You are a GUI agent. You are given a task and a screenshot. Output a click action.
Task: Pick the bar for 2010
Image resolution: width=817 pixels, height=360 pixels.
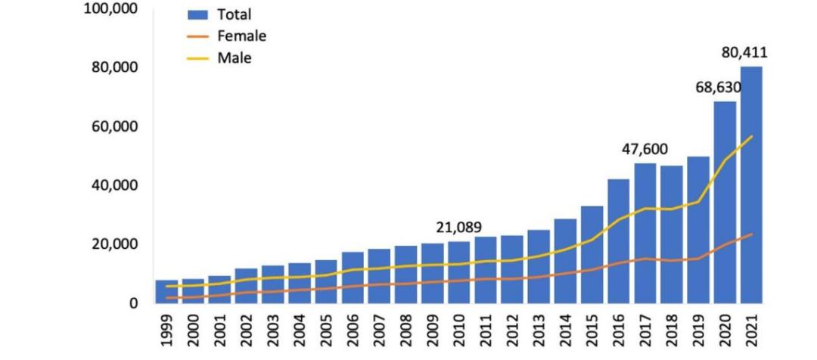458,272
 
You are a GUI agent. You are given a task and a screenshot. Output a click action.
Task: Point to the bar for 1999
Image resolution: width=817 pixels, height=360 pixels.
166,292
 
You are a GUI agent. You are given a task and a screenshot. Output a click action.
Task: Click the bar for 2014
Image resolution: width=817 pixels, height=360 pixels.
565,261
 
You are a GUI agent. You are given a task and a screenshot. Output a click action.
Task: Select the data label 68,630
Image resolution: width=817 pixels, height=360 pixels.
718,88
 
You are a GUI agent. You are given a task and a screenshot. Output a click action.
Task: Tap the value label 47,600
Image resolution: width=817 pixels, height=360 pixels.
645,150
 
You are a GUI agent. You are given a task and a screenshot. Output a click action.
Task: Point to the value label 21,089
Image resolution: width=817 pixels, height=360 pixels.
458,228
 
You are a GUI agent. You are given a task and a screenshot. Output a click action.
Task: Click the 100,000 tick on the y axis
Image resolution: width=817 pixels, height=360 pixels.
110,8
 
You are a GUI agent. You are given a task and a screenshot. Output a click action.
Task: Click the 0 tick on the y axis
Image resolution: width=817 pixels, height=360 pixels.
132,303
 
